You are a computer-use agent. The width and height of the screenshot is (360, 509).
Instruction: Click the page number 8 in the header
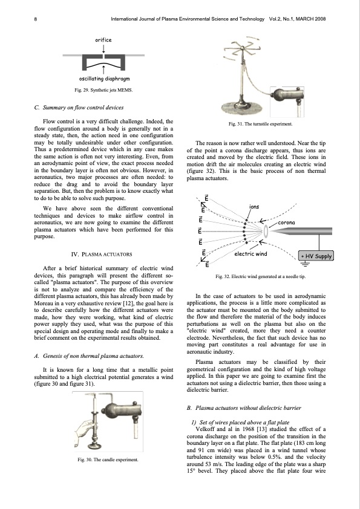tap(36, 19)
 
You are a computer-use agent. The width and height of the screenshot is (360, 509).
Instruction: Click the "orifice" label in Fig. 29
tap(103, 40)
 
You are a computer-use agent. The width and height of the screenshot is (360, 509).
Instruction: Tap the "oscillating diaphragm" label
tap(104, 79)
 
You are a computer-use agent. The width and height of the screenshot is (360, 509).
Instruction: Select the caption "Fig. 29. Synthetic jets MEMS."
tap(103, 90)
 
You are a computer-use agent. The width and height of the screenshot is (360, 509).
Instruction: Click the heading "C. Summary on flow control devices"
tap(79, 108)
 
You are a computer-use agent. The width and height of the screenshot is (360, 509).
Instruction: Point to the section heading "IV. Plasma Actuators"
tap(102, 254)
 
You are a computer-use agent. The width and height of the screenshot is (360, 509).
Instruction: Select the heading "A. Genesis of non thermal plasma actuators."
tap(89, 356)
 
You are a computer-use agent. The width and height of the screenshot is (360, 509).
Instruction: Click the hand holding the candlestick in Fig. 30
tap(85, 430)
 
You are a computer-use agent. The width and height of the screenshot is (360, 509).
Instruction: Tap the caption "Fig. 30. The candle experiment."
tap(108, 459)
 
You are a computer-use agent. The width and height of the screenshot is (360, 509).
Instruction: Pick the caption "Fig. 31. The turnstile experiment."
tap(260, 124)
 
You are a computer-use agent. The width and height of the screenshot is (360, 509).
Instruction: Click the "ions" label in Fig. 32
tap(254, 207)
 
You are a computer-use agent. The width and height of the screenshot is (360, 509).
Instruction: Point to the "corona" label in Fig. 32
tap(287, 222)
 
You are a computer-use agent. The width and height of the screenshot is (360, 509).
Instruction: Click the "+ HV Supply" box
tap(316, 256)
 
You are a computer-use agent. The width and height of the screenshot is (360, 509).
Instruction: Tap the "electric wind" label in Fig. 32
tap(250, 253)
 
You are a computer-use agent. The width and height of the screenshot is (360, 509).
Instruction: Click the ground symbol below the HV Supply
tap(304, 264)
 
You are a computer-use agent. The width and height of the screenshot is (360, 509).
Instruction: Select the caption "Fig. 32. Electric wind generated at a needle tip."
tap(261, 276)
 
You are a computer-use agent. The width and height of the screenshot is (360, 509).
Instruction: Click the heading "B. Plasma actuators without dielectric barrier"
tap(244, 407)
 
